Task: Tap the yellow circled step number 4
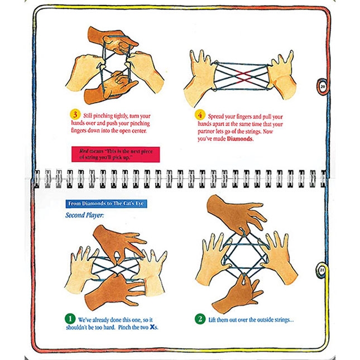[200, 114]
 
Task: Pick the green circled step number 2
[200, 319]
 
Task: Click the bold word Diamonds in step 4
[238, 139]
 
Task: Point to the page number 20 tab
[323, 87]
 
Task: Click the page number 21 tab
[323, 270]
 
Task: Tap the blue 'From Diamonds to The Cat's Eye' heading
[105, 204]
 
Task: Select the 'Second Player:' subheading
[84, 215]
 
